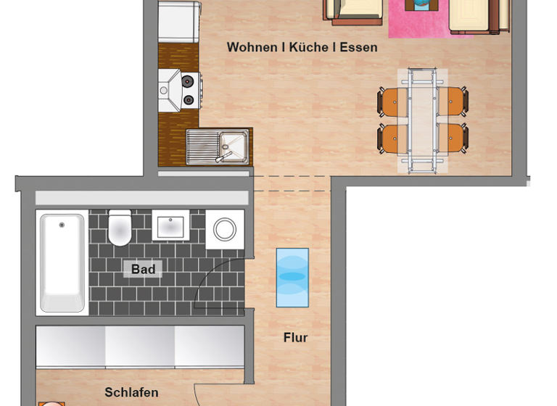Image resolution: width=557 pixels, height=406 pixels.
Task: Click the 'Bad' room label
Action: (143, 269)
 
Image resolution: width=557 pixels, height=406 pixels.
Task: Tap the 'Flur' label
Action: (295, 337)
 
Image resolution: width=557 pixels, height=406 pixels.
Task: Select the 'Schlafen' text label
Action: (131, 392)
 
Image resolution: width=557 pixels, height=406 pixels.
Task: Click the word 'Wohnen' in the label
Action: (252, 47)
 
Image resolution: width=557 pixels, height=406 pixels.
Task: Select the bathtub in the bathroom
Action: (62, 262)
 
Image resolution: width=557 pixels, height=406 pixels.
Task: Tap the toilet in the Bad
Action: (120, 228)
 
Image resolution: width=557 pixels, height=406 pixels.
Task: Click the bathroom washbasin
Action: (170, 226)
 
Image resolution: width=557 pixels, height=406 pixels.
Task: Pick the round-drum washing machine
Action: (224, 230)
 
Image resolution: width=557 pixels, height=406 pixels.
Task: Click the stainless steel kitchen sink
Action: (218, 146)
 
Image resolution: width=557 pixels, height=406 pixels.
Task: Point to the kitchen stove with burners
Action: (180, 91)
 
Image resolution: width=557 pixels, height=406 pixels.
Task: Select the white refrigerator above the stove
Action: (179, 22)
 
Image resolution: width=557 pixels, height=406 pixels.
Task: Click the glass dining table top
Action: (422, 120)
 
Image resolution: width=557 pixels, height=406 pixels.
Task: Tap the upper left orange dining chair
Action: (392, 101)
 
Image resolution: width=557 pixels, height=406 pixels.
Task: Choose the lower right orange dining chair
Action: (453, 138)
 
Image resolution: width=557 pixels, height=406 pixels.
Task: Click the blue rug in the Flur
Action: (292, 277)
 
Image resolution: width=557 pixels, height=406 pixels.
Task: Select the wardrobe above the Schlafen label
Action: (140, 347)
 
